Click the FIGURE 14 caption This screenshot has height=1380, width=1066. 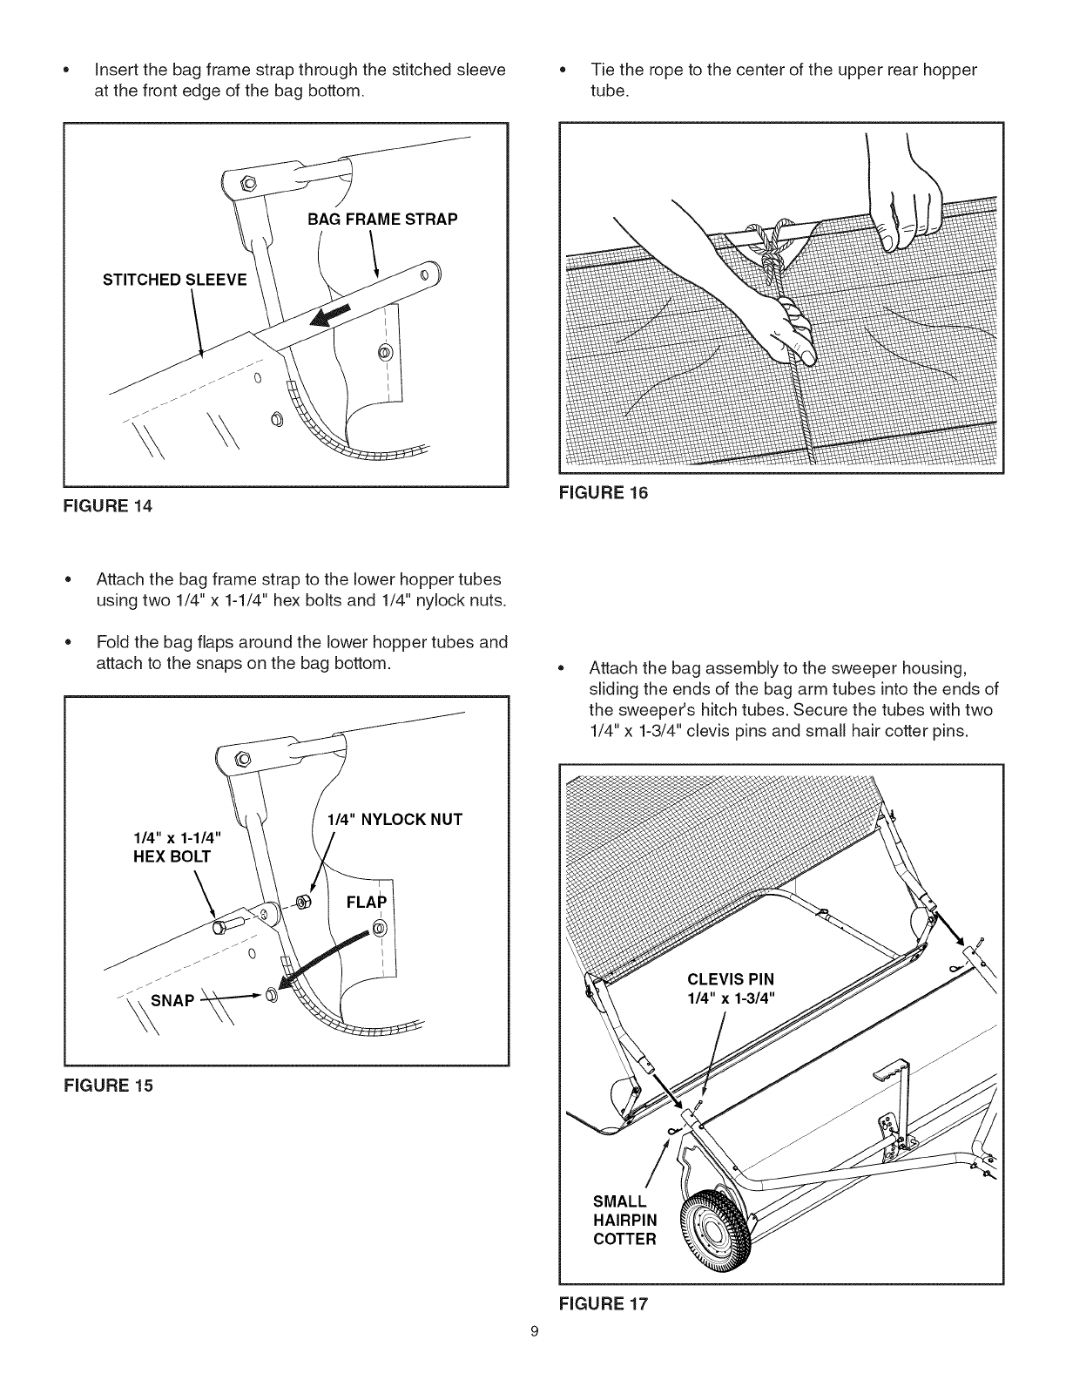tap(109, 505)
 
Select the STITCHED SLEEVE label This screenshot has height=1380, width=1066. tap(175, 280)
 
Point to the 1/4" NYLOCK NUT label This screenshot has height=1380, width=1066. tap(394, 819)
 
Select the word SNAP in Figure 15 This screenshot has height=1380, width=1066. tap(172, 999)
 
